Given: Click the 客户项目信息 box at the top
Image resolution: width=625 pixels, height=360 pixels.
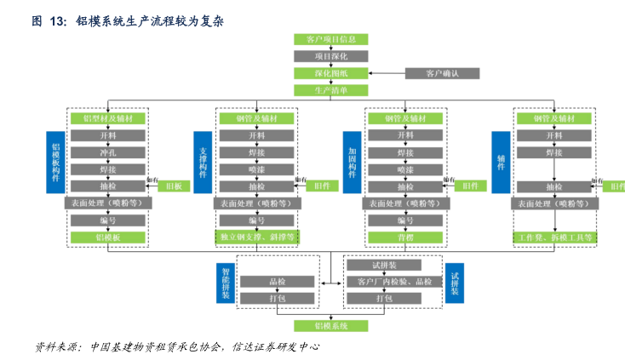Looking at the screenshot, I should click(x=331, y=39).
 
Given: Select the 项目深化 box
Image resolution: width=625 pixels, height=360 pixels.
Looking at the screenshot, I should click(x=331, y=56).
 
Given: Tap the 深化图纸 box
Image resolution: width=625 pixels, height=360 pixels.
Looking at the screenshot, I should click(x=331, y=73).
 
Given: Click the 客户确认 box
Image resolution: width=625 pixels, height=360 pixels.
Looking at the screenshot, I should click(x=442, y=73).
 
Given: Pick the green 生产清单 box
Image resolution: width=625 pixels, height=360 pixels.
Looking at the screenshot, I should click(x=331, y=90).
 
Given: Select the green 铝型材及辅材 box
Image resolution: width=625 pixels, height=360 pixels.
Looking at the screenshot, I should click(x=108, y=118).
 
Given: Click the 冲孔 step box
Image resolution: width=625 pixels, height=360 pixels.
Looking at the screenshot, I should click(x=108, y=152).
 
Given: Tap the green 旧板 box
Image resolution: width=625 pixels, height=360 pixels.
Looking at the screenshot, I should click(x=174, y=186).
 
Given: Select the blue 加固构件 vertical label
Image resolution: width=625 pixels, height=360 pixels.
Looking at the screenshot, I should click(x=352, y=162).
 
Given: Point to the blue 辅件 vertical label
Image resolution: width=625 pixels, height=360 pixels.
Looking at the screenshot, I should click(x=500, y=162).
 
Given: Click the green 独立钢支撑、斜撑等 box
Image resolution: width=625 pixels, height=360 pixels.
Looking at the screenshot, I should click(x=257, y=237).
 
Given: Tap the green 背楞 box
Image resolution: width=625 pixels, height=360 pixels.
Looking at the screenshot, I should click(x=405, y=237).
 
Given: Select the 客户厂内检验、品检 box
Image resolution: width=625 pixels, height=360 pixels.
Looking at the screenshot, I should click(x=394, y=281).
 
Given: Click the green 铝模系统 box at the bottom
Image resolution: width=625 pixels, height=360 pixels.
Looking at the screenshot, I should click(x=331, y=326).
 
